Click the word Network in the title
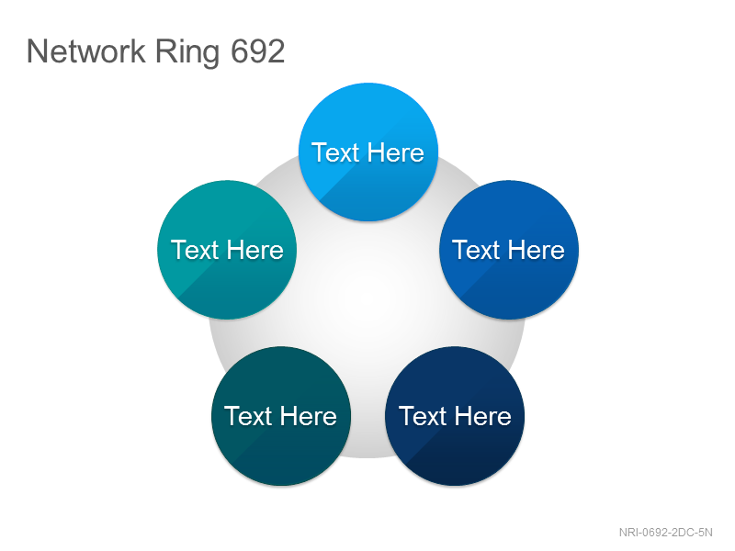point(86,51)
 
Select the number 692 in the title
point(258,51)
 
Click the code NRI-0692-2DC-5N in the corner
point(665,533)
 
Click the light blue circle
point(368,152)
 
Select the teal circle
point(227,250)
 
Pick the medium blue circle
point(509,250)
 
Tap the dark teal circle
point(281,416)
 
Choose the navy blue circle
point(455,416)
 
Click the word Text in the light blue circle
point(335,152)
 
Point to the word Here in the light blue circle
point(396,152)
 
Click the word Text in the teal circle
point(195,250)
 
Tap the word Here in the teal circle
point(255,250)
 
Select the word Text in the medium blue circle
point(476,250)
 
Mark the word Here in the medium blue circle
point(537,250)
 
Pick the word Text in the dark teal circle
point(248,416)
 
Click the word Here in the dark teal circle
point(309,416)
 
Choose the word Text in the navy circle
point(423,416)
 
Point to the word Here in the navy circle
point(483,416)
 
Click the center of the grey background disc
point(367,300)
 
